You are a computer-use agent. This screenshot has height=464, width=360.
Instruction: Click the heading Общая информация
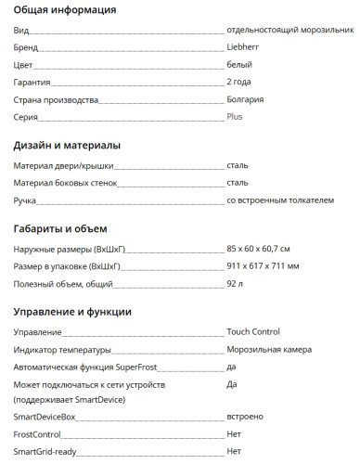[x=64, y=10]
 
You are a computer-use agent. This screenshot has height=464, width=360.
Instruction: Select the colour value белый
[x=239, y=65]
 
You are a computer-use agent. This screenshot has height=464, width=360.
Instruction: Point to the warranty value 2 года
[x=238, y=82]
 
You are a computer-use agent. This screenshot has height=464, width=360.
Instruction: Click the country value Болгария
[x=245, y=99]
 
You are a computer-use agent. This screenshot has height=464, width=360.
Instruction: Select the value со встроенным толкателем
[x=279, y=200]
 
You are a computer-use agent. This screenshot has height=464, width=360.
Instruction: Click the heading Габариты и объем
[x=60, y=228]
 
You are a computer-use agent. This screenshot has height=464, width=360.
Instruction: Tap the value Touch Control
[x=253, y=331]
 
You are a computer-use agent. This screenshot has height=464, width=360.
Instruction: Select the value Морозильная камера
[x=269, y=349]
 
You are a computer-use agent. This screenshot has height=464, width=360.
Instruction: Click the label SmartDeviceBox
[x=45, y=418]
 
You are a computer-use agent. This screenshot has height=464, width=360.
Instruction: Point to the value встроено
[x=246, y=418]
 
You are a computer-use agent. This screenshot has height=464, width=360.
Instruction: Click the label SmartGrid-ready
[x=45, y=451]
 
